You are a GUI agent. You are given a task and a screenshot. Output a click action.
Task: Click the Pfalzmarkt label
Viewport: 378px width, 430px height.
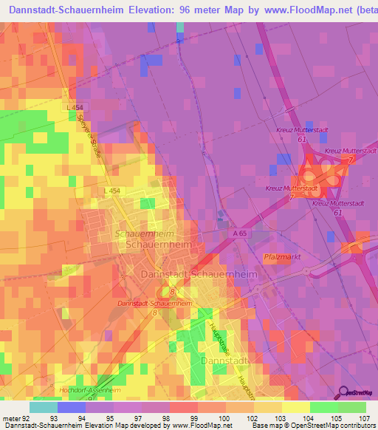[x=281, y=257]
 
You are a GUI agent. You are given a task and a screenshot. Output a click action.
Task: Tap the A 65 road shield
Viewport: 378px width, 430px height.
[x=236, y=231]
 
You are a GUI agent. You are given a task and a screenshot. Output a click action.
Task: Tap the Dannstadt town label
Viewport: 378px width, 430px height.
[x=226, y=361]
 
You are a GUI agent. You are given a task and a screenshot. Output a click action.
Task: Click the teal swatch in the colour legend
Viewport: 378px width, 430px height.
[x=44, y=407]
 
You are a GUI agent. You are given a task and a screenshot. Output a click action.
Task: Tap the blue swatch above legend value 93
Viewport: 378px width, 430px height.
[x=72, y=407]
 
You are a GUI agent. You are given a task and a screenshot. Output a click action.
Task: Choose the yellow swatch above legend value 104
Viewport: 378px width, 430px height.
[x=296, y=407]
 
